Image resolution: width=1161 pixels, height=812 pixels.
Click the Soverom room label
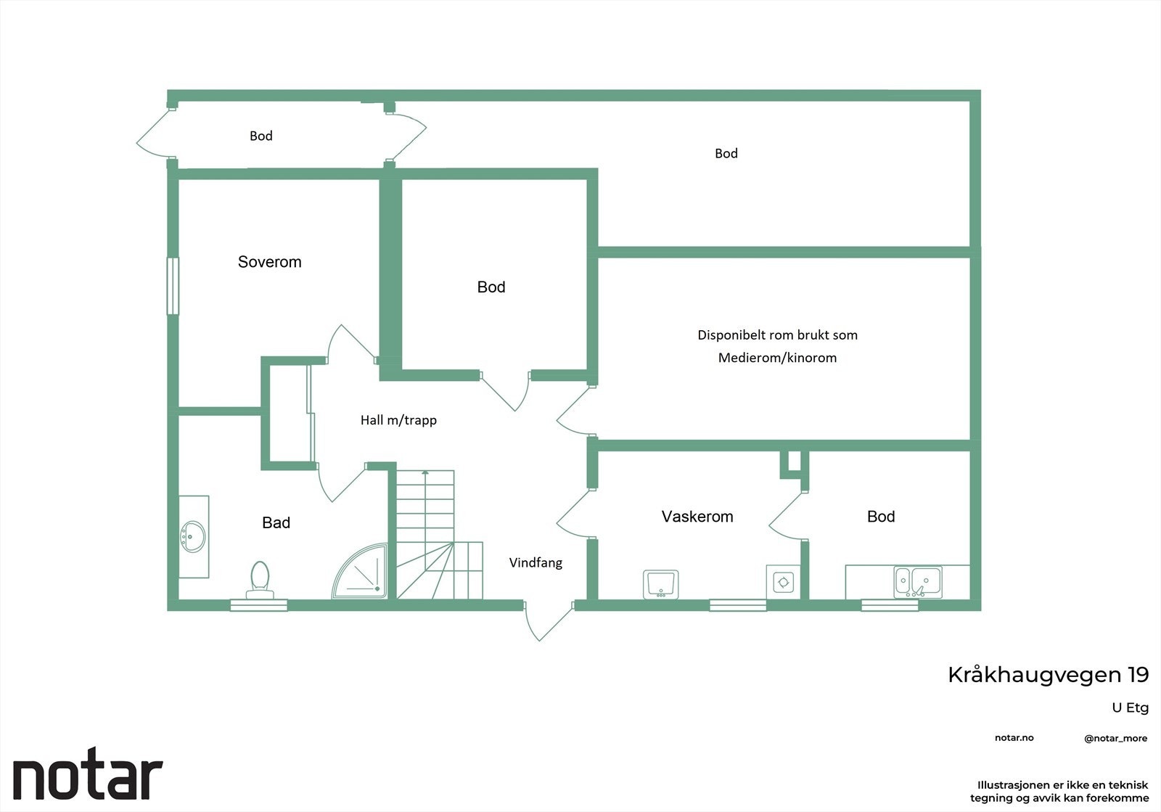(x=269, y=262)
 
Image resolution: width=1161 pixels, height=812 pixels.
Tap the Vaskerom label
(x=697, y=516)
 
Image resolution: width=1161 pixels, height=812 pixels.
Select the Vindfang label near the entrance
(x=536, y=562)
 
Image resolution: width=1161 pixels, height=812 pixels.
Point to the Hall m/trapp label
(x=398, y=419)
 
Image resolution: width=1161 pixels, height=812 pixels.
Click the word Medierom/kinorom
(x=777, y=358)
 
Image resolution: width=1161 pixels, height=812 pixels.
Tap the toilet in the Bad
(x=260, y=580)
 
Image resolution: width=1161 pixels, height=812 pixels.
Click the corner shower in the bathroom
(x=360, y=570)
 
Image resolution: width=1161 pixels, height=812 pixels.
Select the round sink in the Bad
(x=192, y=536)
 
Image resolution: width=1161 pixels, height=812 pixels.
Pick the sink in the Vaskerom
(x=660, y=584)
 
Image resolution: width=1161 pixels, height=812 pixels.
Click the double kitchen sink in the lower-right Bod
(x=917, y=581)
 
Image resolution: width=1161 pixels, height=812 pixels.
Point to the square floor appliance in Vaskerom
(x=783, y=582)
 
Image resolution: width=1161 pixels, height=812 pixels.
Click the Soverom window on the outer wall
(x=173, y=286)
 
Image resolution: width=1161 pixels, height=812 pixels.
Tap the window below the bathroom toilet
(x=258, y=605)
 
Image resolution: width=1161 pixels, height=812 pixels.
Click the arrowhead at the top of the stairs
(x=425, y=472)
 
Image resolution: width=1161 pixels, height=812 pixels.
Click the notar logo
(x=88, y=773)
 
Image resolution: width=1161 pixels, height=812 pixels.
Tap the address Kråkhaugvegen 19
(x=1048, y=675)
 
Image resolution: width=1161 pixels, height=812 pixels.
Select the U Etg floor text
(x=1131, y=708)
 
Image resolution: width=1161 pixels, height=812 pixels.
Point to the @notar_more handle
(x=1116, y=739)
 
